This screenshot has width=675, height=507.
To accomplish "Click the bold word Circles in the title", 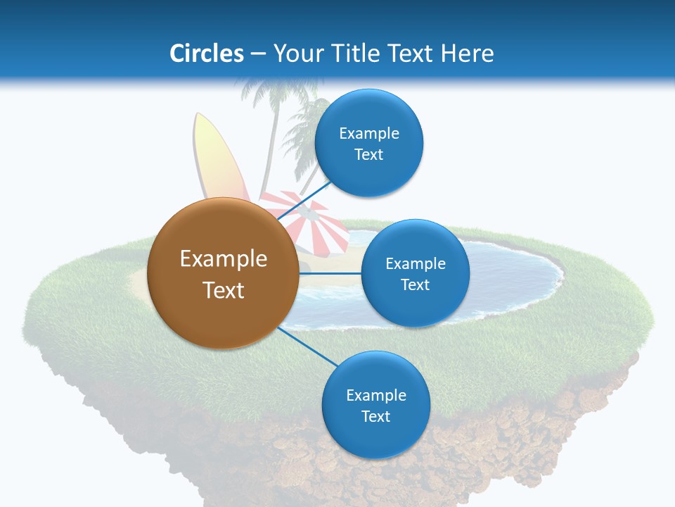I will point(206,54).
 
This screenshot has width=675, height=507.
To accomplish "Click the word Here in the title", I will point(467,54).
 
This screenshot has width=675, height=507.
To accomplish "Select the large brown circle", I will point(223,273).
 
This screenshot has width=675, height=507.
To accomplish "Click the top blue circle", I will point(368,143).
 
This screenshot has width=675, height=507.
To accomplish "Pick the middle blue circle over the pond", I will point(415,273).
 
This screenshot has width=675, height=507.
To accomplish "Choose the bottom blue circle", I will point(375,405).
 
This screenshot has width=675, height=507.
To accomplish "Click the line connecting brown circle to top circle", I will point(304,201).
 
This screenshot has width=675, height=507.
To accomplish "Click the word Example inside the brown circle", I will point(223,258).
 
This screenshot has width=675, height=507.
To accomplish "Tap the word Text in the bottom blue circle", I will point(375,416).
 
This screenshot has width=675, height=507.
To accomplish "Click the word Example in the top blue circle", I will point(368,133).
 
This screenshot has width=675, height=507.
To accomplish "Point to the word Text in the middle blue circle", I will point(415,284).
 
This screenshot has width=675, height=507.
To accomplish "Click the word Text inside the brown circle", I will point(223,289).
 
